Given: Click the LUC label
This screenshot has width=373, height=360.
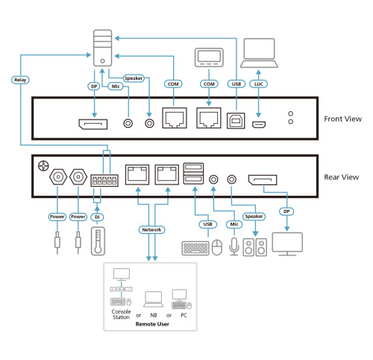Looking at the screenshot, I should [260, 84].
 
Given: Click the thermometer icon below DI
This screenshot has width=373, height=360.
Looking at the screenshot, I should [97, 243].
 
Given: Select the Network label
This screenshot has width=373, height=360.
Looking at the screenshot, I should [151, 230].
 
